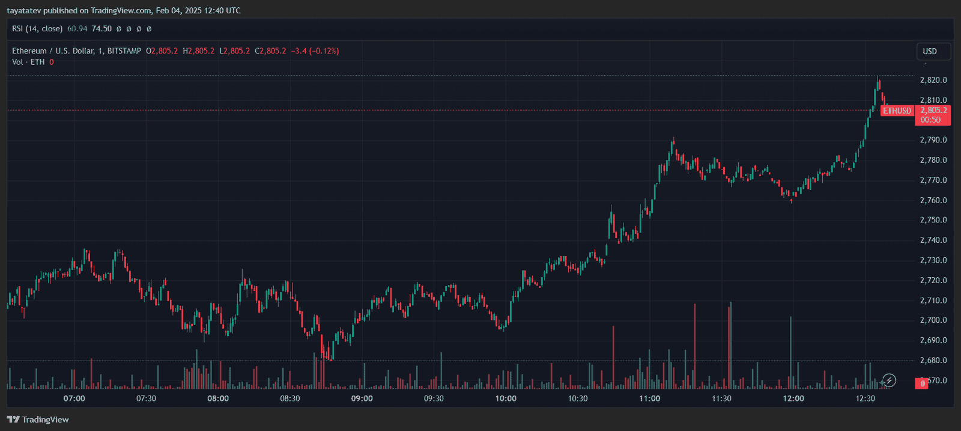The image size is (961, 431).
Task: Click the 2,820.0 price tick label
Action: [933, 80]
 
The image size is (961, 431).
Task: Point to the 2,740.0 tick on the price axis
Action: [933, 240]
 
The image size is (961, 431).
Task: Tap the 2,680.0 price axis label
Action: [933, 360]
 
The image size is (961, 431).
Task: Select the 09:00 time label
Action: [362, 399]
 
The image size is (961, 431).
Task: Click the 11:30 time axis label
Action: [721, 399]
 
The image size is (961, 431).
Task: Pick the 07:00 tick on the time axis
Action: [74, 399]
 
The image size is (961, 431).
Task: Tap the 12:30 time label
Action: [865, 399]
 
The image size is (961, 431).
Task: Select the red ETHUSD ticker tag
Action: [897, 111]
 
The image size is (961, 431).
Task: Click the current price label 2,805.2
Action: [933, 111]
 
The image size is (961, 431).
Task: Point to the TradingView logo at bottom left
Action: [38, 420]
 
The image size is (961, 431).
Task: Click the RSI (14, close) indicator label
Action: [37, 29]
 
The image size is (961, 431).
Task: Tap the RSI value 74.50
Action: [102, 29]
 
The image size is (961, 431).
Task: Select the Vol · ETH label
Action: [28, 62]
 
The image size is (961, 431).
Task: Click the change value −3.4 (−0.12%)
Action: [315, 51]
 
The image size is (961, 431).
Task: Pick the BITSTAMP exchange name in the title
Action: [124, 51]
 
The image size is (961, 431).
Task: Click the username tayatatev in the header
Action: [24, 10]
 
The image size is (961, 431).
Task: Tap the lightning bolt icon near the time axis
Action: [890, 381]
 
